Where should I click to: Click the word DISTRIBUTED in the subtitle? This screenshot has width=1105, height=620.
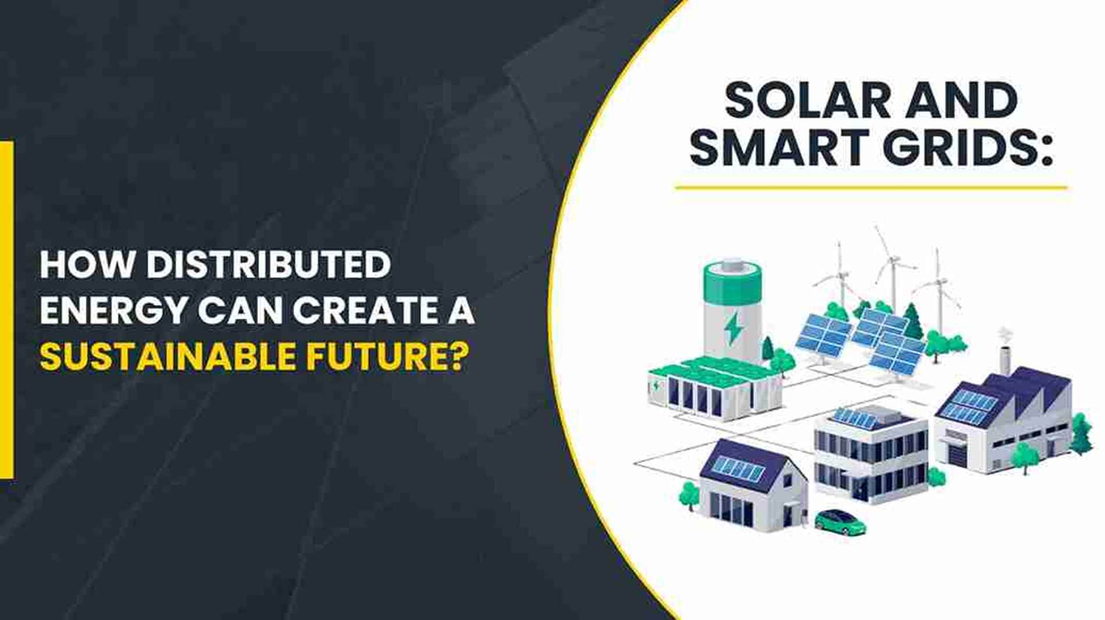tap(268, 264)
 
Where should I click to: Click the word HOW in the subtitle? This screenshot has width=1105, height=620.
tap(87, 264)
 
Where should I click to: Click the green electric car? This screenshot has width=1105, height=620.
tap(840, 521)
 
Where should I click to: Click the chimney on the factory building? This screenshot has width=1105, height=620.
tap(1004, 352)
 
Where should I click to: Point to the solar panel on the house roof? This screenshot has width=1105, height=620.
tap(739, 468)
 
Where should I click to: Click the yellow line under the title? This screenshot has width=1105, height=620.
tap(871, 188)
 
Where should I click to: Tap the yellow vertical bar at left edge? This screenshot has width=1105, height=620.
tap(6, 310)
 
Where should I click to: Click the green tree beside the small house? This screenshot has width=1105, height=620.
tap(690, 495)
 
